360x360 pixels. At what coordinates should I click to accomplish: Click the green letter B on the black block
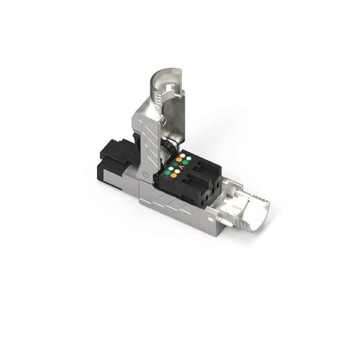click(175, 164)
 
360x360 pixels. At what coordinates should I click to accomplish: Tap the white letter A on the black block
click(182, 167)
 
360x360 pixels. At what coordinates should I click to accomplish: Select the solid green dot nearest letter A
click(185, 162)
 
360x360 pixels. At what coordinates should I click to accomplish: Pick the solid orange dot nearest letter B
click(179, 160)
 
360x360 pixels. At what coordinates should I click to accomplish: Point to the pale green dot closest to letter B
click(171, 169)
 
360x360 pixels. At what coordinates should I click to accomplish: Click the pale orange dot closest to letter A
click(177, 171)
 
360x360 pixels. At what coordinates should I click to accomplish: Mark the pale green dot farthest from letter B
click(188, 158)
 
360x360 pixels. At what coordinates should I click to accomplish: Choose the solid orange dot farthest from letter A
click(173, 175)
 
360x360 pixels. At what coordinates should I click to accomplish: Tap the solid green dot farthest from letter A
click(167, 173)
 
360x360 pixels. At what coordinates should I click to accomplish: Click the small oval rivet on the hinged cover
click(145, 174)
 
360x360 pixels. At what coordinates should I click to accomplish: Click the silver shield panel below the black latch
click(114, 180)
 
